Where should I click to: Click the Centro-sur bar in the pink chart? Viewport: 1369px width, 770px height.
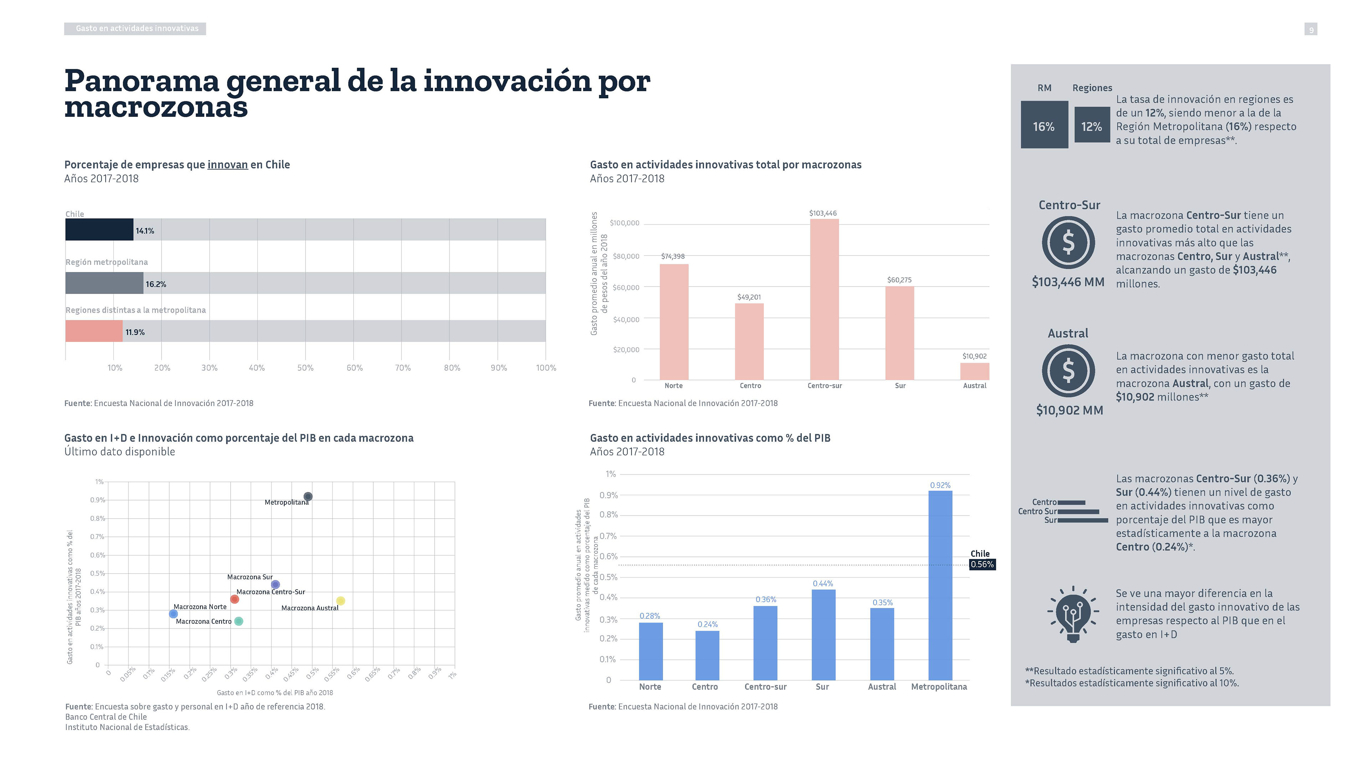click(824, 299)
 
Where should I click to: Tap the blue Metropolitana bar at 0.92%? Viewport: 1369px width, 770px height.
click(940, 585)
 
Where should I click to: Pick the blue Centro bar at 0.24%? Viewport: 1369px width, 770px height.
click(707, 655)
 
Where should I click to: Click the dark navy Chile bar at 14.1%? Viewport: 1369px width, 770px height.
click(99, 230)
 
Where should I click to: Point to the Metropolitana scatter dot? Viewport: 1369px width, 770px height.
click(308, 496)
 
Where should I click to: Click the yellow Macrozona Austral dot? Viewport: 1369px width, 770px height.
click(341, 600)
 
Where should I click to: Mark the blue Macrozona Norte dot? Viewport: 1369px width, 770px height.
click(173, 614)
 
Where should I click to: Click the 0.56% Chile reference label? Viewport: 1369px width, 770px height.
click(982, 564)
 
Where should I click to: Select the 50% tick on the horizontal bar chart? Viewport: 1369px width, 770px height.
click(305, 368)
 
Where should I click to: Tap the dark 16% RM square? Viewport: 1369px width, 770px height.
click(1044, 124)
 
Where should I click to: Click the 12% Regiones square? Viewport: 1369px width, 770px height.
click(1092, 124)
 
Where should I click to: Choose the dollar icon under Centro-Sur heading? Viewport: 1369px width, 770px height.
click(1068, 242)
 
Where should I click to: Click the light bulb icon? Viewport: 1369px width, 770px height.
click(1073, 614)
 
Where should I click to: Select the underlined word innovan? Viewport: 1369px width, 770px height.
click(227, 165)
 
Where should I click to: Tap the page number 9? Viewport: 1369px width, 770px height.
click(1311, 30)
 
